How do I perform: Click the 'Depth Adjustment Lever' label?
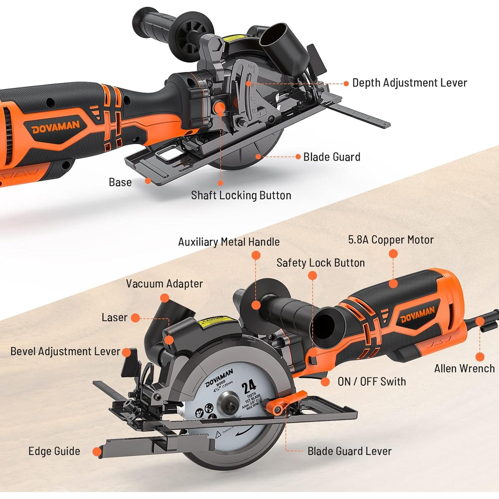tap(410, 83)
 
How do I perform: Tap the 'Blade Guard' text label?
tap(332, 157)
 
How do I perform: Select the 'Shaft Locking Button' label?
tap(241, 195)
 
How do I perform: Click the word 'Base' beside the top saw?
tap(120, 182)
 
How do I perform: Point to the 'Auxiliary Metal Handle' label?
tap(229, 242)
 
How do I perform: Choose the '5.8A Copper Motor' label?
tap(391, 240)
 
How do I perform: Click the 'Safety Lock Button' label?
tap(320, 263)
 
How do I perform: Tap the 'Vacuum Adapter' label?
tap(164, 284)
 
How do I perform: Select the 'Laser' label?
tap(114, 318)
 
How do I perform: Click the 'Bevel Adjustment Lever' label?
tap(65, 352)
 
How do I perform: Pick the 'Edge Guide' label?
tap(54, 451)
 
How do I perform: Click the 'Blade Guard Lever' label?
tap(349, 451)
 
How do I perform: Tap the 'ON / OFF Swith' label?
tap(372, 382)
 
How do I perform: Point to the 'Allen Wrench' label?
tap(464, 369)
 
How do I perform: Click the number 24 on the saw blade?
tap(249, 387)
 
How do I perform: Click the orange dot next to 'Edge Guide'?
tap(97, 452)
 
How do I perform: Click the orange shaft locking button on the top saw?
tap(219, 107)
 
